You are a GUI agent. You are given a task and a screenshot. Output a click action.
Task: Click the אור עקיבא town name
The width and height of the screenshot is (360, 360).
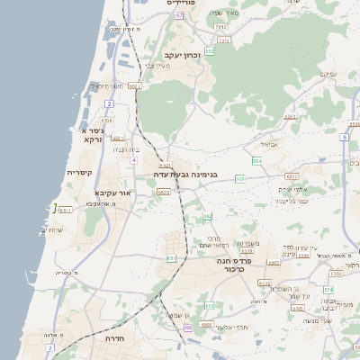coord(113,193)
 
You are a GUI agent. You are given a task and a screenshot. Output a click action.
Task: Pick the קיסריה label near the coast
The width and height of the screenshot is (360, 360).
coord(81,172)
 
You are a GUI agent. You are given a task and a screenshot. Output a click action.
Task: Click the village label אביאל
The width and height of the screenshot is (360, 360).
coord(269,143)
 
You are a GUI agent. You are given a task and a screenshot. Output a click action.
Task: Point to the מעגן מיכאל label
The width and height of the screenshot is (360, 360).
coord(105,85)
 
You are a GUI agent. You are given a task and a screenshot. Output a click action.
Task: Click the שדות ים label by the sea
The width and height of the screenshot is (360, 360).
coord(57,229)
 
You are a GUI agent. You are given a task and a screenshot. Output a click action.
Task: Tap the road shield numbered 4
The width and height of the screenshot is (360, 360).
coord(133,159)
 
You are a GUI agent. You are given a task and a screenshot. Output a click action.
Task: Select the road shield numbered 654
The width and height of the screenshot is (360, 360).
coord(256,160)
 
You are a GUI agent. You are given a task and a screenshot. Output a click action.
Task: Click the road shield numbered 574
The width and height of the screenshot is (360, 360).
coord(329,289)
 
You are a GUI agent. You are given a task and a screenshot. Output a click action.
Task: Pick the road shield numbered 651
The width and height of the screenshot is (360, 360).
coord(170,258)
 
